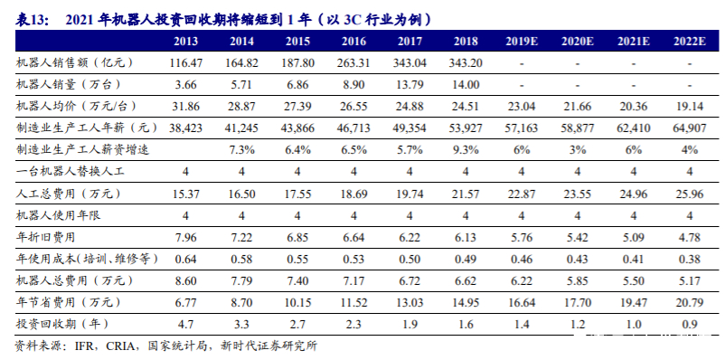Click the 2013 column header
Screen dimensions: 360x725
pos(186,42)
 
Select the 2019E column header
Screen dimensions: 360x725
pos(523,42)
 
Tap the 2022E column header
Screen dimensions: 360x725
pos(689,42)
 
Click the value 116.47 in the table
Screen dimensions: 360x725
pos(186,63)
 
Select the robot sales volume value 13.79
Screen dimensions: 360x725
pos(411,84)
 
